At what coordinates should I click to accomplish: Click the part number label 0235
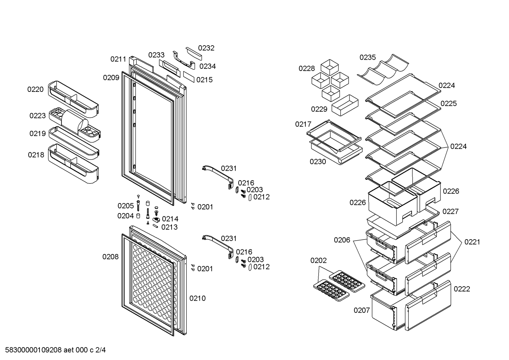pos(367,57)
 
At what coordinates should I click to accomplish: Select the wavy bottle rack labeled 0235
pos(383,69)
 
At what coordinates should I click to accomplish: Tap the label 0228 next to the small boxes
pos(306,69)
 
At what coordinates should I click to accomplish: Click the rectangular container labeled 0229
pos(345,105)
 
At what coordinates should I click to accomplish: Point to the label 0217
pos(303,124)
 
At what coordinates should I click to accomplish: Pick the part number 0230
pos(318,162)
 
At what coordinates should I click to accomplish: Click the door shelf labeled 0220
pos(73,99)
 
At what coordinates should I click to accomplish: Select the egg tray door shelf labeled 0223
pos(75,125)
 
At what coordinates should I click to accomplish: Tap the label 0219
pos(37,134)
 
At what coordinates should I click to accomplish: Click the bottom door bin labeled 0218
pos(73,163)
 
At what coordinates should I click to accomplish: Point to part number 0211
pos(118,59)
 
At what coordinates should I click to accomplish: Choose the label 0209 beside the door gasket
pos(111,78)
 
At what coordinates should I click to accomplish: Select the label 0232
pos(206,48)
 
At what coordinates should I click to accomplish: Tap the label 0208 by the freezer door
pos(110,257)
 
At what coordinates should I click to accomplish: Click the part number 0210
pos(197,299)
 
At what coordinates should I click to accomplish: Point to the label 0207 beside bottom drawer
pos(362,310)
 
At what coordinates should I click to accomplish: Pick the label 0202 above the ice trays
pos(319,260)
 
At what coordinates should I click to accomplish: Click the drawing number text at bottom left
pos(55,350)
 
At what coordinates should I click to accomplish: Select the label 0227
pos(451,212)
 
